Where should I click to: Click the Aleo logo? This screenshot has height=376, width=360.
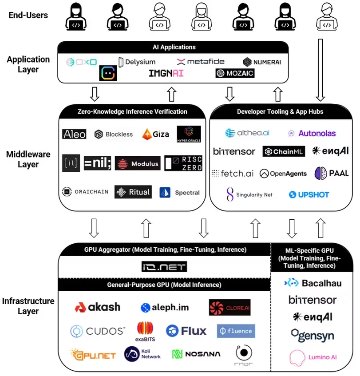click(x=74, y=134)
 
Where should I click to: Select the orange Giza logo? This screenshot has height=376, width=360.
click(x=155, y=134)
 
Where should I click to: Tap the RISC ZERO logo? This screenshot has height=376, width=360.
click(x=183, y=163)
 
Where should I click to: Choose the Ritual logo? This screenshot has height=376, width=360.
click(x=133, y=192)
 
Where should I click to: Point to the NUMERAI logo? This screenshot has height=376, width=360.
click(x=262, y=62)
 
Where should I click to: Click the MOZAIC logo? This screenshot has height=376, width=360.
click(x=235, y=73)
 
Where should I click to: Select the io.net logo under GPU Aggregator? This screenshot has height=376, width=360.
click(x=165, y=267)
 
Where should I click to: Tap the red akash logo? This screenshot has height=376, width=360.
click(x=97, y=307)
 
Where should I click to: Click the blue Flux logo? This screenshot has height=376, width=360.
click(x=186, y=331)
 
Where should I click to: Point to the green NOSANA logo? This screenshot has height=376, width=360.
click(x=196, y=354)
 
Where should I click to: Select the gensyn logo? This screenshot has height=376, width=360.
click(x=313, y=336)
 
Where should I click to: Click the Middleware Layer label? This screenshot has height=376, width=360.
click(x=28, y=159)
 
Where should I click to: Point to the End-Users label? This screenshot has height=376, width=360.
click(x=28, y=15)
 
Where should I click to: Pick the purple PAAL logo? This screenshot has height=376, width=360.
click(x=331, y=173)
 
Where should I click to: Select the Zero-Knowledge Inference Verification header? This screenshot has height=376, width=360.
click(x=132, y=111)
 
